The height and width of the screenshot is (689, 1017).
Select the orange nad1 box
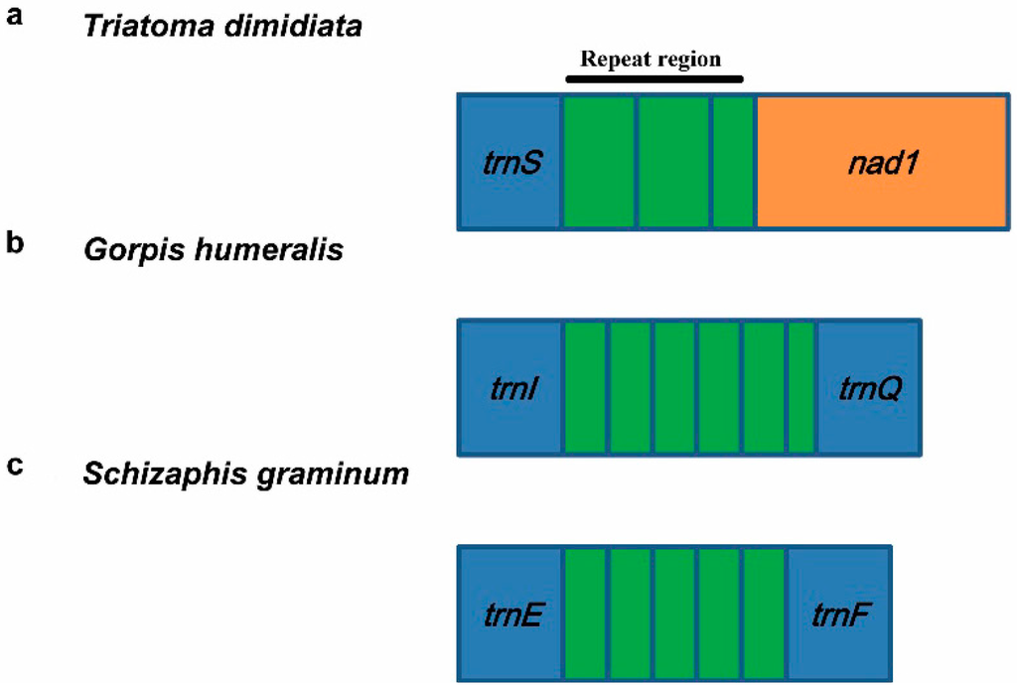[880, 162]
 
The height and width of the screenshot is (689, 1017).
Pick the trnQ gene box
[868, 387]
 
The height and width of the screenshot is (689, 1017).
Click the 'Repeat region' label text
[651, 59]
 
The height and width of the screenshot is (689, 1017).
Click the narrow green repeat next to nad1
[733, 162]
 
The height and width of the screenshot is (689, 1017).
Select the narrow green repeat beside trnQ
[800, 387]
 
